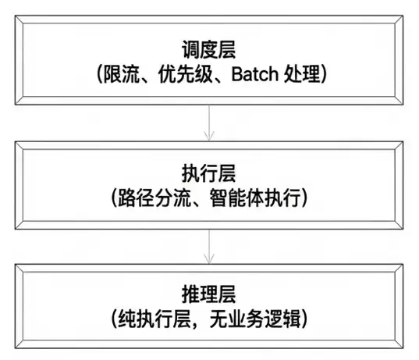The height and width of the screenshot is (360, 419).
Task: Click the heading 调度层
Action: pyautogui.click(x=208, y=50)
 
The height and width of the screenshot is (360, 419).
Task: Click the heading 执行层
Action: pyautogui.click(x=208, y=173)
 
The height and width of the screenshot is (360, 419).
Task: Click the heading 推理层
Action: pyautogui.click(x=208, y=294)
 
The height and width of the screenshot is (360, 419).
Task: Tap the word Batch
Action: pyautogui.click(x=254, y=74)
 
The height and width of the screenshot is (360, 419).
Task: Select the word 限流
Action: pyautogui.click(x=121, y=74)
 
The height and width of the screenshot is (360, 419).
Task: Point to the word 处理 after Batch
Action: pyautogui.click(x=302, y=74)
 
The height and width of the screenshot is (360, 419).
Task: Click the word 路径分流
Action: pyautogui.click(x=154, y=198)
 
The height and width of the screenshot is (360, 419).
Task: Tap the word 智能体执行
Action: pyautogui.click(x=255, y=198)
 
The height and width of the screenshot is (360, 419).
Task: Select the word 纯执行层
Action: pyautogui.click(x=154, y=319)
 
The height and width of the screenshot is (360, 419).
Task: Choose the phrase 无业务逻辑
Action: pyautogui.click(x=255, y=319)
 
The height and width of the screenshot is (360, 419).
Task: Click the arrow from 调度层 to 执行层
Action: pyautogui.click(x=209, y=123)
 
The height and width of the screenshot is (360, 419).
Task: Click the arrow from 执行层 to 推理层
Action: pyautogui.click(x=209, y=247)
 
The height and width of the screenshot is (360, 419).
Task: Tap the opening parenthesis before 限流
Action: pyautogui.click(x=99, y=74)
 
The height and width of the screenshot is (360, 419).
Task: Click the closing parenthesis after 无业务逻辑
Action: pyautogui.click(x=305, y=319)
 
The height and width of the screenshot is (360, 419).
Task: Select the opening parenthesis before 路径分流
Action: pyautogui.click(x=114, y=198)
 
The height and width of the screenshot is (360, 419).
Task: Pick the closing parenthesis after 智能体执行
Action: pyautogui.click(x=305, y=198)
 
